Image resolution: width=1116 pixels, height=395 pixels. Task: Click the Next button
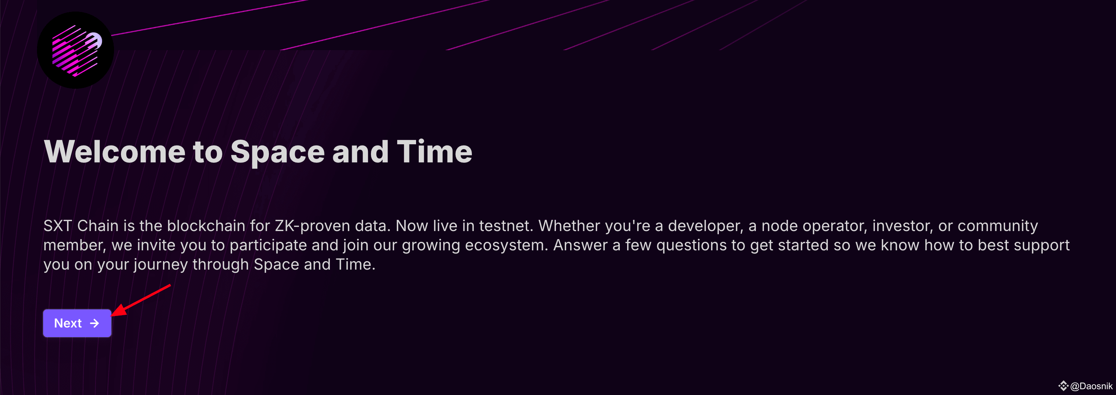click(x=77, y=323)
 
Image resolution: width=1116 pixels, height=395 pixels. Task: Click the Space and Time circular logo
click(x=76, y=50)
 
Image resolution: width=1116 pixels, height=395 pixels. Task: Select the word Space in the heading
click(x=277, y=153)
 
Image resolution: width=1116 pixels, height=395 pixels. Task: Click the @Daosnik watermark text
click(x=1091, y=386)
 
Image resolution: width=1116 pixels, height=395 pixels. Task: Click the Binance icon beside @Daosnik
click(x=1063, y=385)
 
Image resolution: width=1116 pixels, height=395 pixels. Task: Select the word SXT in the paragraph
click(x=58, y=226)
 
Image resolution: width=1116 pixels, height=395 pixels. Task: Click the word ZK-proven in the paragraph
click(x=312, y=226)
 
